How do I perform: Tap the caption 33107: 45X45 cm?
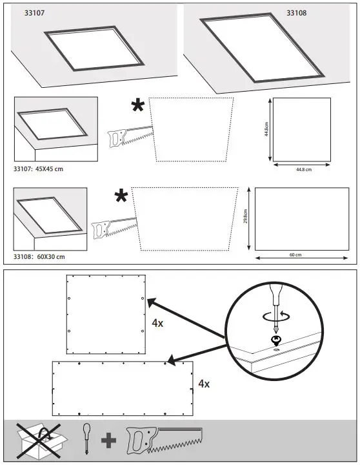click(x=39, y=169)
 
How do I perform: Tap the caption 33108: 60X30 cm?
click(x=39, y=257)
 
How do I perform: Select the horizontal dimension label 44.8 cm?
click(x=303, y=170)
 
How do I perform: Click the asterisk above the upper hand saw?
click(x=138, y=107)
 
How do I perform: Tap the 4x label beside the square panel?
click(x=157, y=323)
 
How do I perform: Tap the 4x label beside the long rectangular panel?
click(x=203, y=383)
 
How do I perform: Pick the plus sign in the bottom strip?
click(x=108, y=442)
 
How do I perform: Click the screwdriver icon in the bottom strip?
click(x=86, y=440)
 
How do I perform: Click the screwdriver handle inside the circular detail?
click(x=274, y=294)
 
